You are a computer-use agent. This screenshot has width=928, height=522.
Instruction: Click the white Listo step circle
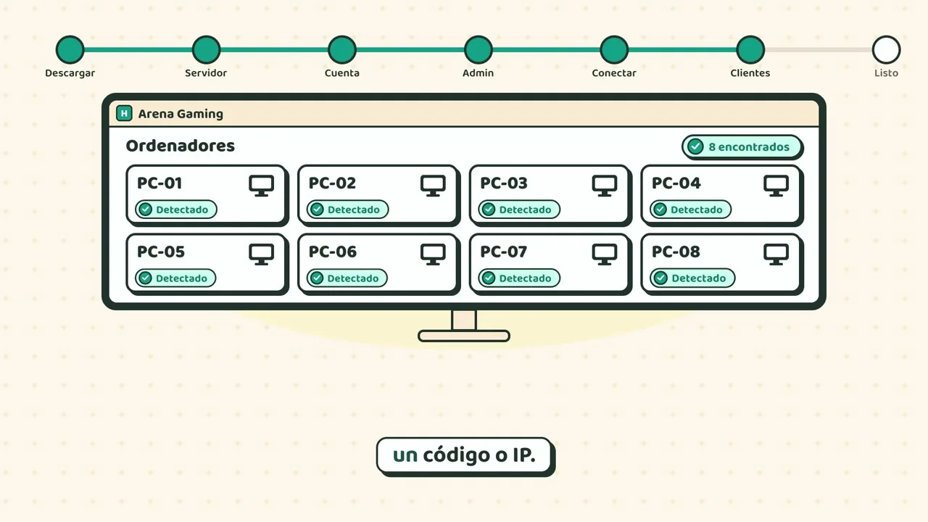coord(886,50)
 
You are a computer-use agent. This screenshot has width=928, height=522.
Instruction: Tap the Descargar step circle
coord(70,50)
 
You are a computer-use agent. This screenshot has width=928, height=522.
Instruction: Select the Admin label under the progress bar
coord(478,73)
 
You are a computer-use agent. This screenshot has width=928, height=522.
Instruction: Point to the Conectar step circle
coord(614,50)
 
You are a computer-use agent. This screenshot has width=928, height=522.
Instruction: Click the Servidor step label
coord(206,73)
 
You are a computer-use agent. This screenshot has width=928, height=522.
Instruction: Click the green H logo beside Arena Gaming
coord(124,113)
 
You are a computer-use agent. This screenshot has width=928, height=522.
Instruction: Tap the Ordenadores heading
coord(181,146)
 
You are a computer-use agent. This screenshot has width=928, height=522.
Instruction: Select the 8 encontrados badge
coord(742,146)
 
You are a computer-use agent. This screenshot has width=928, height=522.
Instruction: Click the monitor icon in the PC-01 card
coord(262,186)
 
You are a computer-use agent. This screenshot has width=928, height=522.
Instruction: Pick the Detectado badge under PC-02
coord(347,210)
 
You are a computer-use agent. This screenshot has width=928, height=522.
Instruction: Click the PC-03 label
coord(504,183)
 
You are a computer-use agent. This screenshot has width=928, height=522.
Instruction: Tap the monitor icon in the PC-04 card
coord(776,186)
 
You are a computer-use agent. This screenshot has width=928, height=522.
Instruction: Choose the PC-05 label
coord(161,252)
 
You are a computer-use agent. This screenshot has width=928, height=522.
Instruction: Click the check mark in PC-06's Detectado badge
coord(317,278)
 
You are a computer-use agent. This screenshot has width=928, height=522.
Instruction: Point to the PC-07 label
coord(503,252)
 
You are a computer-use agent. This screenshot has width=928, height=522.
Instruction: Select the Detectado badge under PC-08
coord(692,278)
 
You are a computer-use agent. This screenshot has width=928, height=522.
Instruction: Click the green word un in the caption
coord(405,455)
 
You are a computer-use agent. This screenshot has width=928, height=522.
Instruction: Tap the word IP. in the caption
coord(524,455)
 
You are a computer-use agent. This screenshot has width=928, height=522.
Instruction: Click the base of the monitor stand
coord(464,336)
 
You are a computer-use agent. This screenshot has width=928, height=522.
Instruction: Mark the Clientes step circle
coord(750,50)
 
